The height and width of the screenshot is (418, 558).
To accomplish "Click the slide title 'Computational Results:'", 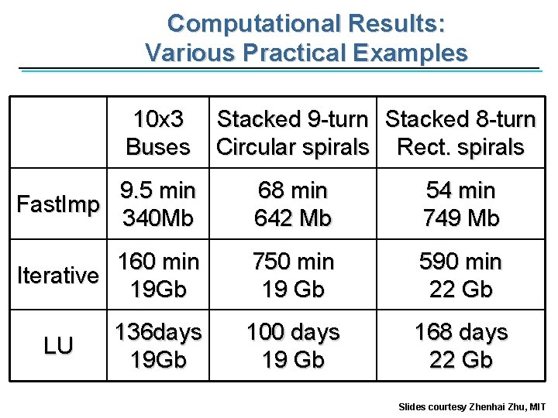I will point(306,23).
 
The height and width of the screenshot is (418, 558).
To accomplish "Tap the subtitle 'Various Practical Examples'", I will point(306,53).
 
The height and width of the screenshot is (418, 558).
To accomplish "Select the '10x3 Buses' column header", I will point(158,133).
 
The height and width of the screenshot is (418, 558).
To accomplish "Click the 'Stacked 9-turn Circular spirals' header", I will point(292,133).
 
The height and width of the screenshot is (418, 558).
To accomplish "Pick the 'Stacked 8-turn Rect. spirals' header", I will point(460,133).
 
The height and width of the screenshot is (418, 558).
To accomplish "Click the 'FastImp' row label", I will point(58,204).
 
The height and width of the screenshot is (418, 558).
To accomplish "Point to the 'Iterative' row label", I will point(58,276).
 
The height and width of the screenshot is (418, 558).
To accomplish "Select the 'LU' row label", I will point(58,346).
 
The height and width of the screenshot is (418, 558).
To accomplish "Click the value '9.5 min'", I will point(158,190).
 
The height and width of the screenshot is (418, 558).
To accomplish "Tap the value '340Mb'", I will point(158,218).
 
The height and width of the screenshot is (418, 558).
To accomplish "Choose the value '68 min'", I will point(292,190).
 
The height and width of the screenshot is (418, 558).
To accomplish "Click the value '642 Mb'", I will point(292,218).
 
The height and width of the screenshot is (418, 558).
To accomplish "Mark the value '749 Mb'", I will point(460,218).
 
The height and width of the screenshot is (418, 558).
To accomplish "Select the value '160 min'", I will point(158,262).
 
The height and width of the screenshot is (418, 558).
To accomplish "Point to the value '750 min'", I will point(292,262).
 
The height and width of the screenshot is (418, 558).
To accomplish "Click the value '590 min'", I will point(460,262).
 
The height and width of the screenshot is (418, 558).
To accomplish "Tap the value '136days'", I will point(158,332).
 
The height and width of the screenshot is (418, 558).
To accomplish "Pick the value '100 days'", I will point(292,332).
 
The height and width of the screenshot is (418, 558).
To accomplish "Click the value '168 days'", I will point(460,332).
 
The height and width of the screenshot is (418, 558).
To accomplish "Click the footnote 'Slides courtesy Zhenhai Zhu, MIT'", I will point(472,406).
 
